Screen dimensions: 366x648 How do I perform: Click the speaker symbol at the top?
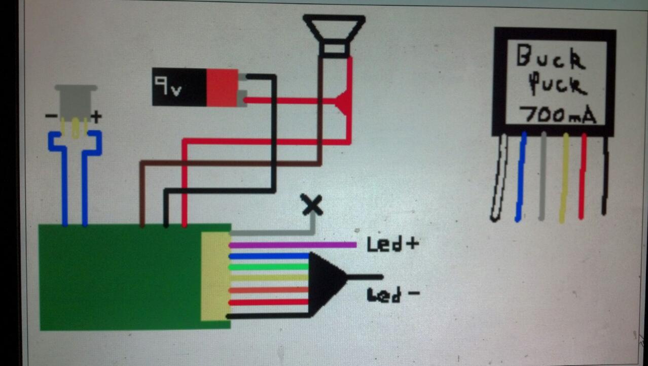pyautogui.click(x=334, y=33)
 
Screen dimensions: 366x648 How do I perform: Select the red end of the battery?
pyautogui.click(x=222, y=87)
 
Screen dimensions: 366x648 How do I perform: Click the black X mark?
pyautogui.click(x=312, y=205)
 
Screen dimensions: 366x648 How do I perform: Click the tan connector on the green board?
pyautogui.click(x=215, y=276)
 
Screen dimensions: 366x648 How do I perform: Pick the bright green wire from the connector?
pyautogui.click(x=269, y=267)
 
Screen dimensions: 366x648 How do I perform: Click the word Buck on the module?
pyautogui.click(x=550, y=57)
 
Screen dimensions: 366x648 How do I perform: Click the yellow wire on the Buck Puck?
pyautogui.click(x=564, y=178)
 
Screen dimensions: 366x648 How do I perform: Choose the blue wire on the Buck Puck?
pyautogui.click(x=520, y=178)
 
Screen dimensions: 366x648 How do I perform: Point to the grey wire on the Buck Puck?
pyautogui.click(x=543, y=178)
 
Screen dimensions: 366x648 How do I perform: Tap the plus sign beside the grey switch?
pyautogui.click(x=96, y=117)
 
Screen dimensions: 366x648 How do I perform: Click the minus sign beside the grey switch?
pyautogui.click(x=51, y=116)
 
